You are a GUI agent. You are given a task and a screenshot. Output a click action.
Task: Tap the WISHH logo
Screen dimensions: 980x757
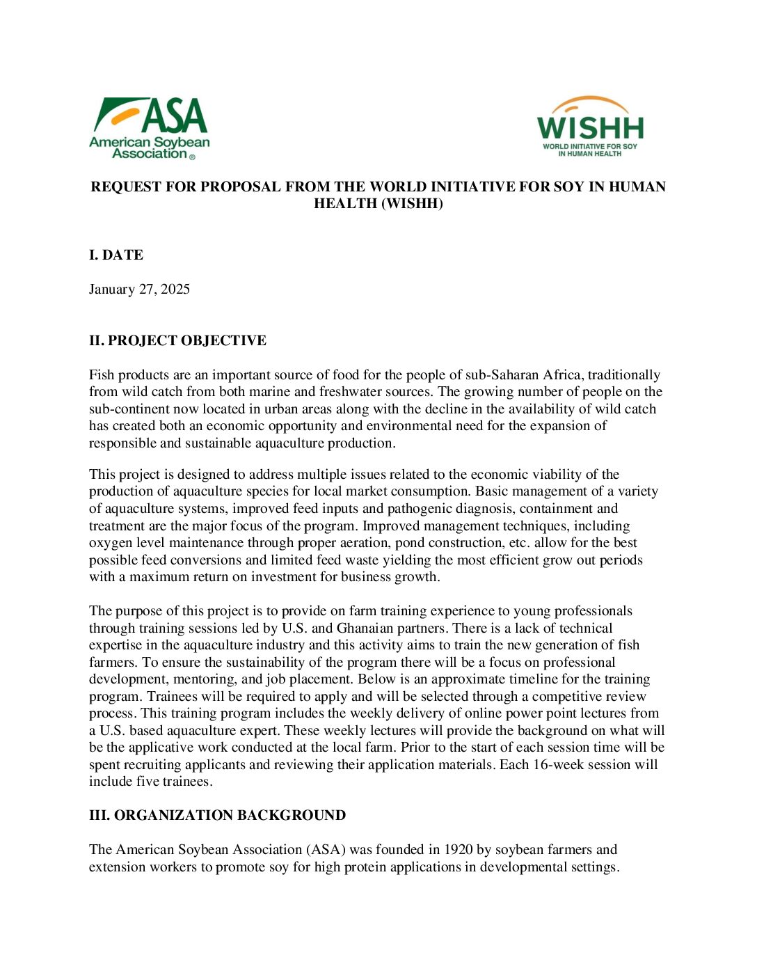(x=590, y=127)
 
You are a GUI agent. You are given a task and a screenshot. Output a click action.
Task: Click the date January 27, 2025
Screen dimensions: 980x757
(x=139, y=290)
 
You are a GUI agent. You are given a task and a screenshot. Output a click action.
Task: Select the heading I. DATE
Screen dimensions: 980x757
(x=116, y=255)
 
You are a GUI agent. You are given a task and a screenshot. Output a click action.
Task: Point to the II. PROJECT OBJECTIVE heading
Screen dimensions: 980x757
(x=177, y=341)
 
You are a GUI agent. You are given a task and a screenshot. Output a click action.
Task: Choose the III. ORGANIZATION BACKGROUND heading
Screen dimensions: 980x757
(x=217, y=816)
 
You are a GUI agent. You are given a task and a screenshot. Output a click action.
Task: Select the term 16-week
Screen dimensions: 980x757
(x=559, y=765)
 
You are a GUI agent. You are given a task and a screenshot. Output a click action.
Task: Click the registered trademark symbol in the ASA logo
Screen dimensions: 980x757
(x=193, y=157)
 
